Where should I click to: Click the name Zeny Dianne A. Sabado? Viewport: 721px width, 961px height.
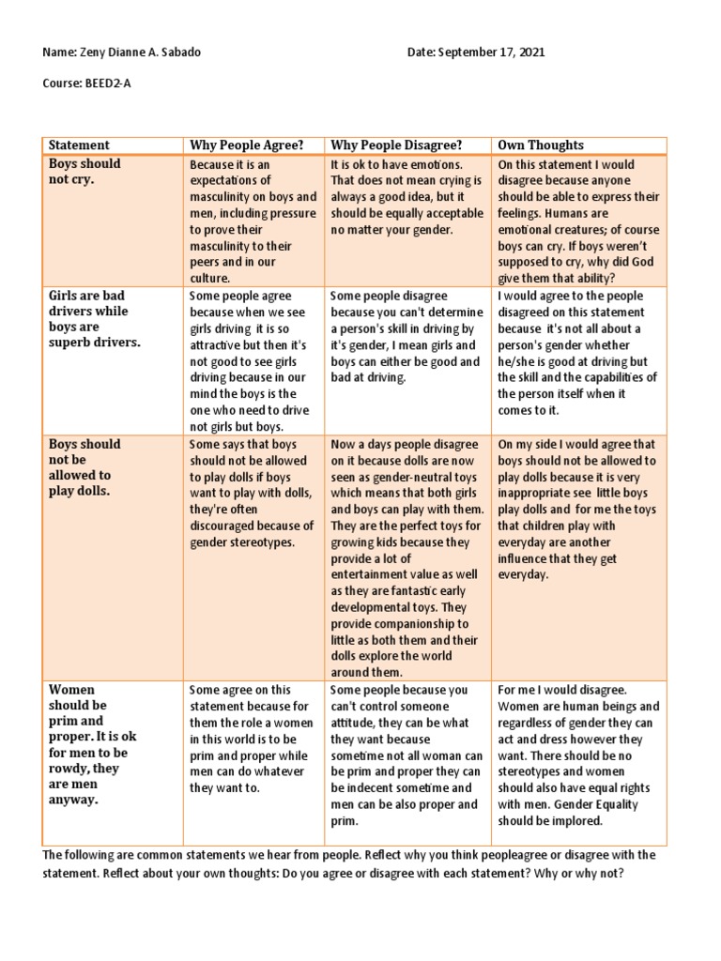(x=141, y=53)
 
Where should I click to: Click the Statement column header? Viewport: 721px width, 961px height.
(x=79, y=145)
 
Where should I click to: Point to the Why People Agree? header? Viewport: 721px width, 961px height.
(x=247, y=145)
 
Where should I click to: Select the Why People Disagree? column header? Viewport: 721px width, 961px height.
(x=395, y=145)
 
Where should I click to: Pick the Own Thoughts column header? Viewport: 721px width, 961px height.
(x=541, y=145)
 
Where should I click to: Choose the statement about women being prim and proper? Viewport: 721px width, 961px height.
(x=89, y=744)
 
